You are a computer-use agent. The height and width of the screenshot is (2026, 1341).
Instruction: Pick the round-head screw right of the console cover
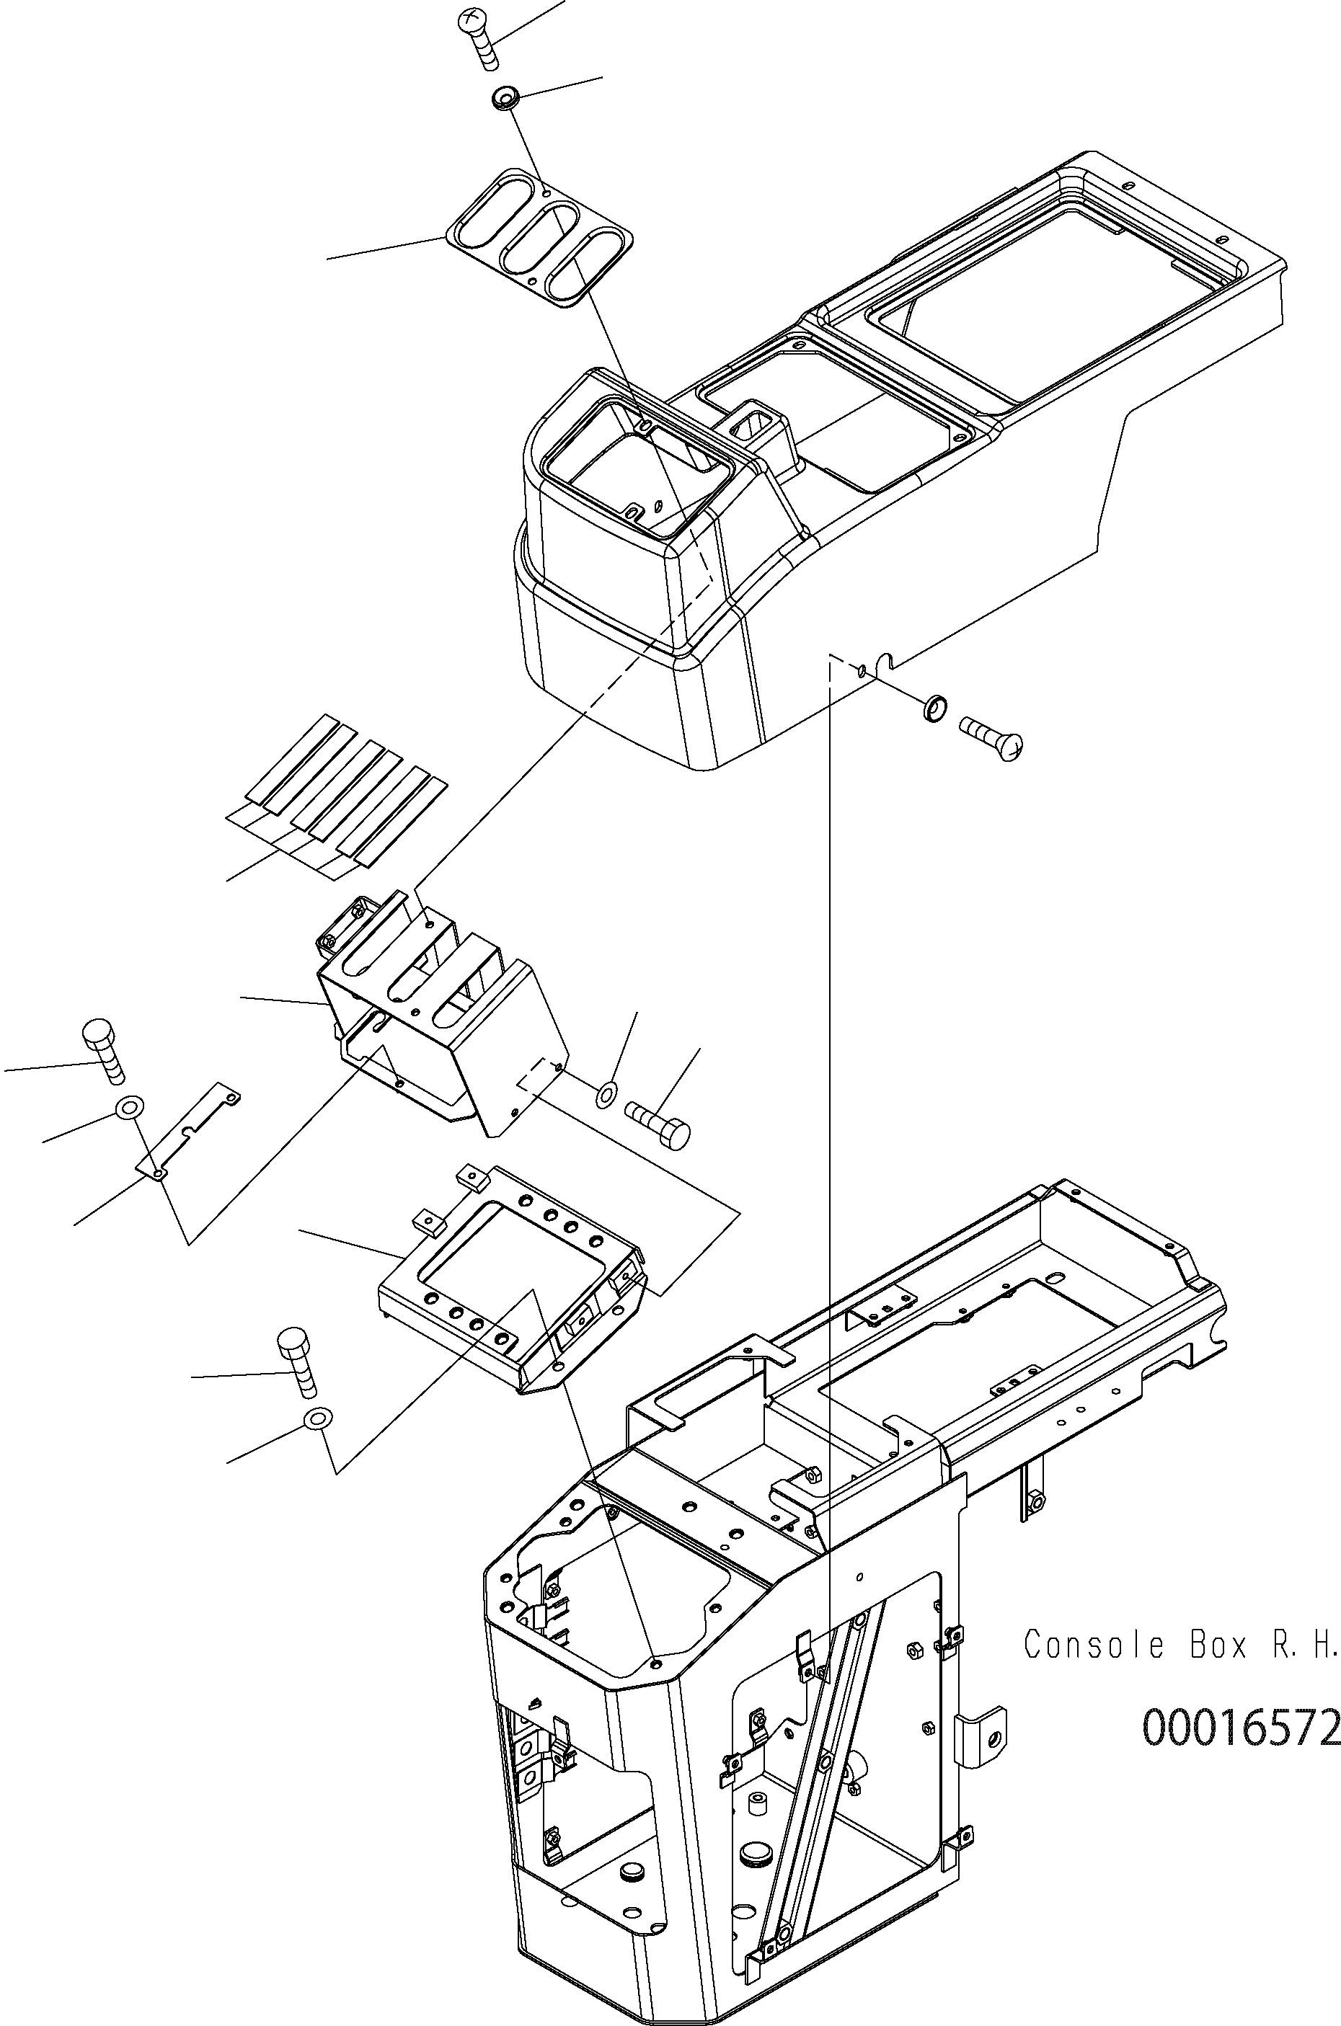(993, 739)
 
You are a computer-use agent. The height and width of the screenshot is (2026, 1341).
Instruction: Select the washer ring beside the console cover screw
(936, 708)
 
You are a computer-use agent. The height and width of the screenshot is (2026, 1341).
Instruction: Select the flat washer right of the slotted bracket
(607, 1092)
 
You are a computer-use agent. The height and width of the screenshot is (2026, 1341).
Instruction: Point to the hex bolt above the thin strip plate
(102, 1047)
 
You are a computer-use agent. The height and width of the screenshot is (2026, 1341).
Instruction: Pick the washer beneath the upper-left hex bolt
(129, 1108)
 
